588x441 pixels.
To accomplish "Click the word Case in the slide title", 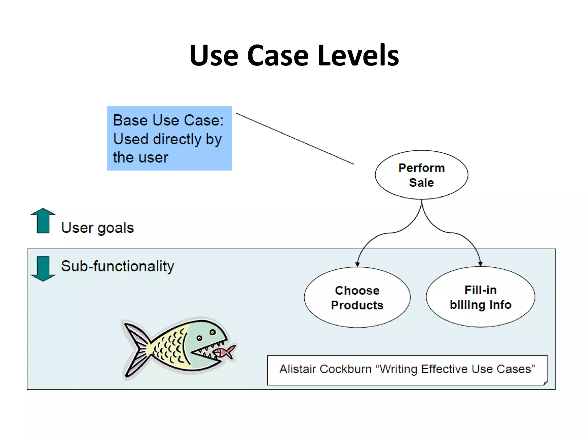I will pyautogui.click(x=277, y=55).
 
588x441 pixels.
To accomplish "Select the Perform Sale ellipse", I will pyautogui.click(x=421, y=175).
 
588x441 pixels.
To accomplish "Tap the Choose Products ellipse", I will pyautogui.click(x=357, y=297).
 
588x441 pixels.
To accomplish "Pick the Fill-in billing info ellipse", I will pyautogui.click(x=480, y=297).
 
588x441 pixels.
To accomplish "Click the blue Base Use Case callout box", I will pyautogui.click(x=169, y=138).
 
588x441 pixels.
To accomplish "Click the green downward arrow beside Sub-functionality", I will pyautogui.click(x=43, y=268).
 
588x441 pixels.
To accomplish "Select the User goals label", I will pyautogui.click(x=97, y=228).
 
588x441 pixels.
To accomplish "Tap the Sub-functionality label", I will pyautogui.click(x=117, y=266).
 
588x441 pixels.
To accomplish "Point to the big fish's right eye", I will pyautogui.click(x=213, y=332).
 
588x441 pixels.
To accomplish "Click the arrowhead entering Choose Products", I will pyautogui.click(x=357, y=264).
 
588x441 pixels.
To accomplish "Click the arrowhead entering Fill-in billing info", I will pyautogui.click(x=480, y=264).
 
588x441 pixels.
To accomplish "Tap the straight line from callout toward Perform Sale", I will pyautogui.click(x=295, y=139).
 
